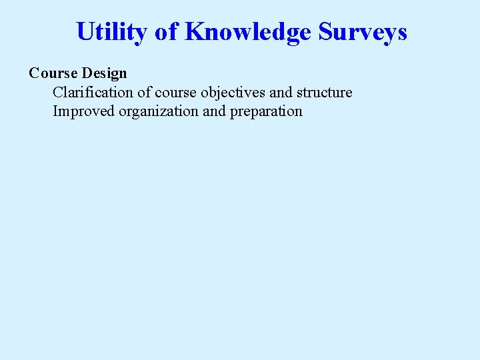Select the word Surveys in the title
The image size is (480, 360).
pos(363,31)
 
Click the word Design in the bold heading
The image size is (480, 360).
pos(104,73)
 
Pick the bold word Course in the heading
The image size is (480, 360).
pos(53,73)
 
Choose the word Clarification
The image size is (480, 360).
pos(93,92)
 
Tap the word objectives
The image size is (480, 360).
pos(233,92)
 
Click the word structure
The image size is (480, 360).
pos(325,92)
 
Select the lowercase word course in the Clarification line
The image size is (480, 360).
pos(175,92)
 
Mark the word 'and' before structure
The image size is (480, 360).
pos(281,92)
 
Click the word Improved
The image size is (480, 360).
pos(83,111)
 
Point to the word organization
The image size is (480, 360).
pos(159,111)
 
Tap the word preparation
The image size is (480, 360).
pos(266,111)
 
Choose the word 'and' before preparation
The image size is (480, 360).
pos(214,111)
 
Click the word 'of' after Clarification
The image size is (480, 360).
pos(144,92)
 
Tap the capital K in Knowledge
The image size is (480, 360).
pos(195,31)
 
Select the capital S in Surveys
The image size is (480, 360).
pos(325,31)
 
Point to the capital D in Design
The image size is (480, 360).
pos(87,73)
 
